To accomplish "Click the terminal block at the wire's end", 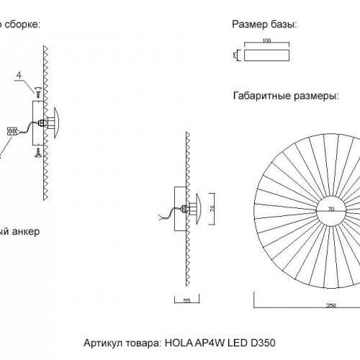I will [12, 131].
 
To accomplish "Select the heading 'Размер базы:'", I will [265, 24].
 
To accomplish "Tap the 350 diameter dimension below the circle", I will [330, 305].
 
